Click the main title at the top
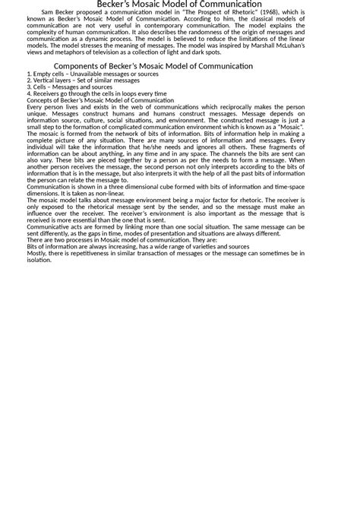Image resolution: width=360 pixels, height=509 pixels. (179, 5)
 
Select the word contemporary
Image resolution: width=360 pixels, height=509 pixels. (204, 28)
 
